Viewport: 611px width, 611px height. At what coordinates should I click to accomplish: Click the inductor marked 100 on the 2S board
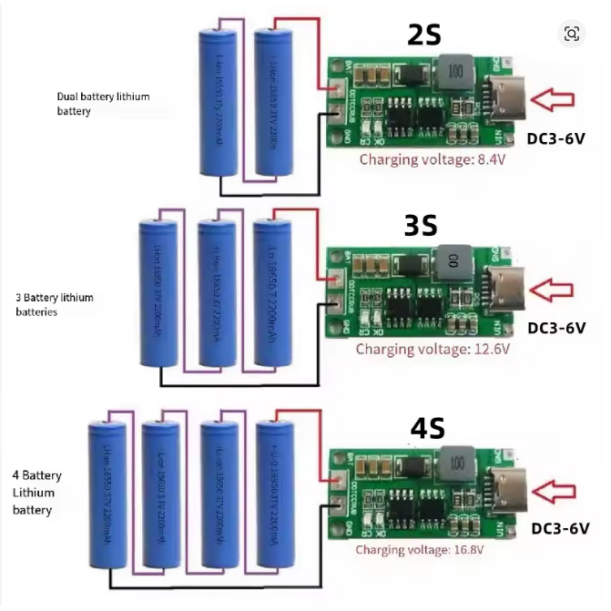point(454,71)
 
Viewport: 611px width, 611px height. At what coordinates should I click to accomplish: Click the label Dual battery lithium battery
point(103,103)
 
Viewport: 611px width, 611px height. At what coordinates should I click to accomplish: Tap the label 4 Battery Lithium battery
point(37,493)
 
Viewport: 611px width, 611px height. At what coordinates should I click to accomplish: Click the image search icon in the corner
point(572,34)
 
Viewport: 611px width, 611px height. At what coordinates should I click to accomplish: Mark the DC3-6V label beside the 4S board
point(560,528)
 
